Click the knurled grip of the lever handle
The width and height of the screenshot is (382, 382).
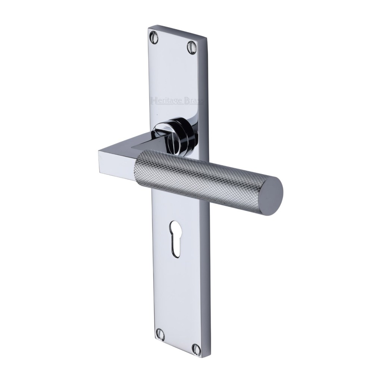click(198, 177)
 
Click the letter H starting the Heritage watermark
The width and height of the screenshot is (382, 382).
click(152, 100)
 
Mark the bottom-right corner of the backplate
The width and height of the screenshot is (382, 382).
click(203, 358)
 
